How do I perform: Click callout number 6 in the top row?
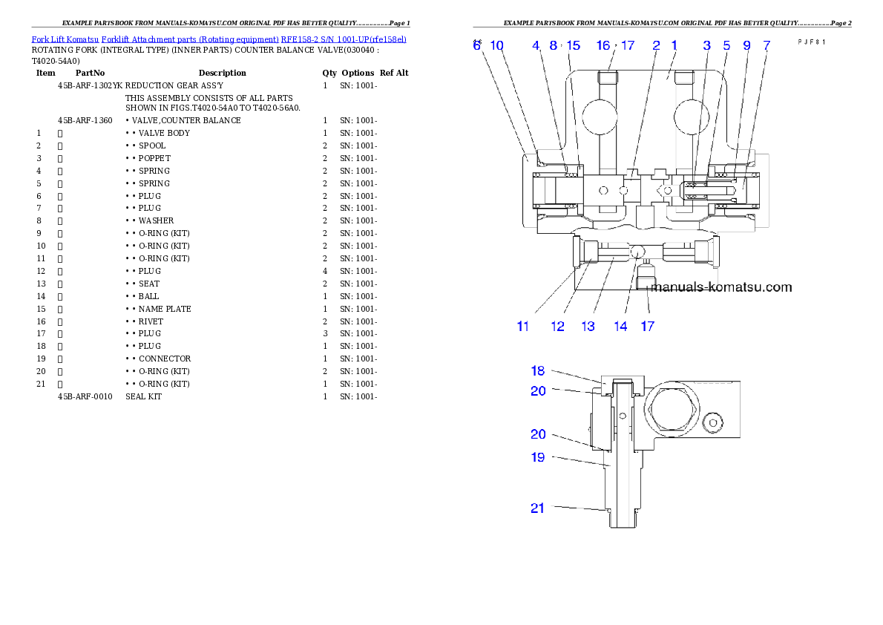pyautogui.click(x=477, y=45)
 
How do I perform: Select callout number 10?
pyautogui.click(x=497, y=45)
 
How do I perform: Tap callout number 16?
pyautogui.click(x=603, y=45)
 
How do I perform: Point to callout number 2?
pyautogui.click(x=656, y=45)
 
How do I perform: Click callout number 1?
pyautogui.click(x=674, y=45)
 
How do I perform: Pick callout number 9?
pyautogui.click(x=747, y=45)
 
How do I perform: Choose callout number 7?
pyautogui.click(x=766, y=45)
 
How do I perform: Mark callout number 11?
pyautogui.click(x=523, y=326)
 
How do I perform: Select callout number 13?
pyautogui.click(x=588, y=326)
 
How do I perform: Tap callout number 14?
pyautogui.click(x=620, y=326)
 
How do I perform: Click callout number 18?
pyautogui.click(x=538, y=370)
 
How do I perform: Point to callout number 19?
pyautogui.click(x=538, y=457)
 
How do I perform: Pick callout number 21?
pyautogui.click(x=538, y=508)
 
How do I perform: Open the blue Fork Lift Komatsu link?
pyautogui.click(x=219, y=39)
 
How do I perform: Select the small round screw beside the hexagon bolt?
pyautogui.click(x=713, y=422)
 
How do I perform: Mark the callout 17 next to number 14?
pyautogui.click(x=647, y=326)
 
